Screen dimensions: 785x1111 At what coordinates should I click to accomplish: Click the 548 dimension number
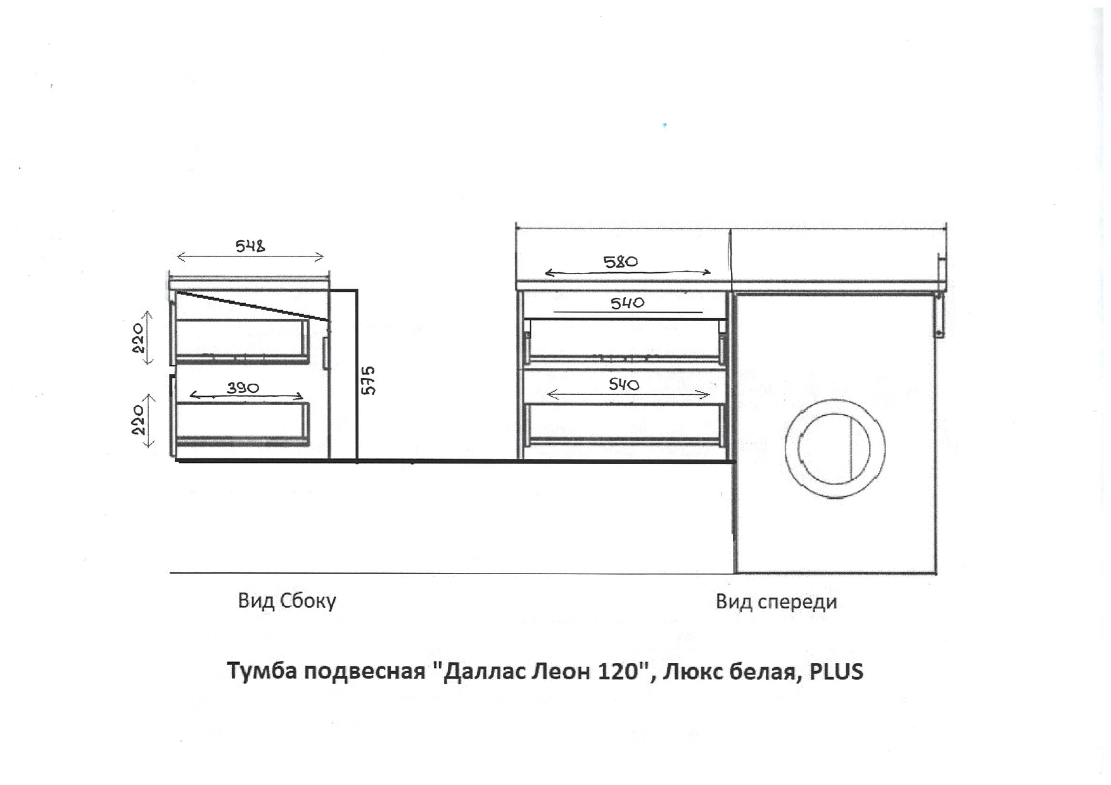coord(250,246)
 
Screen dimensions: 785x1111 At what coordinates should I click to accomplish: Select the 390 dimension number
coord(243,387)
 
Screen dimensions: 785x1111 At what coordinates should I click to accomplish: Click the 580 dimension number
coord(621,261)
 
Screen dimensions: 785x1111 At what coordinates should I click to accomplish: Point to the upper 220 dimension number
coord(138,338)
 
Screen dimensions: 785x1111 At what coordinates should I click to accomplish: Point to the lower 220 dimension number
coord(138,419)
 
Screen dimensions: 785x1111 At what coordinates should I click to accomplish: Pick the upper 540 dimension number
coord(627,303)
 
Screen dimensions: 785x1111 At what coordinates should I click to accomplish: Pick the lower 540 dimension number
coord(624,384)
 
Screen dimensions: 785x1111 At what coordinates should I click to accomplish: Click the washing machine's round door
coord(835,448)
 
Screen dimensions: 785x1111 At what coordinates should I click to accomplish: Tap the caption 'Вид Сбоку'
coord(287,601)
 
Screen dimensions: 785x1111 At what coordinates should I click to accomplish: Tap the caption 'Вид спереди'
coord(776,601)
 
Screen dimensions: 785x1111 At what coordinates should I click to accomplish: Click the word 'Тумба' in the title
coord(262,671)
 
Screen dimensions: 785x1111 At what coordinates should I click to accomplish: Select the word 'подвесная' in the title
coord(364,671)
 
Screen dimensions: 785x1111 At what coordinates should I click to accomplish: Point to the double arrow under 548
coord(250,257)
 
